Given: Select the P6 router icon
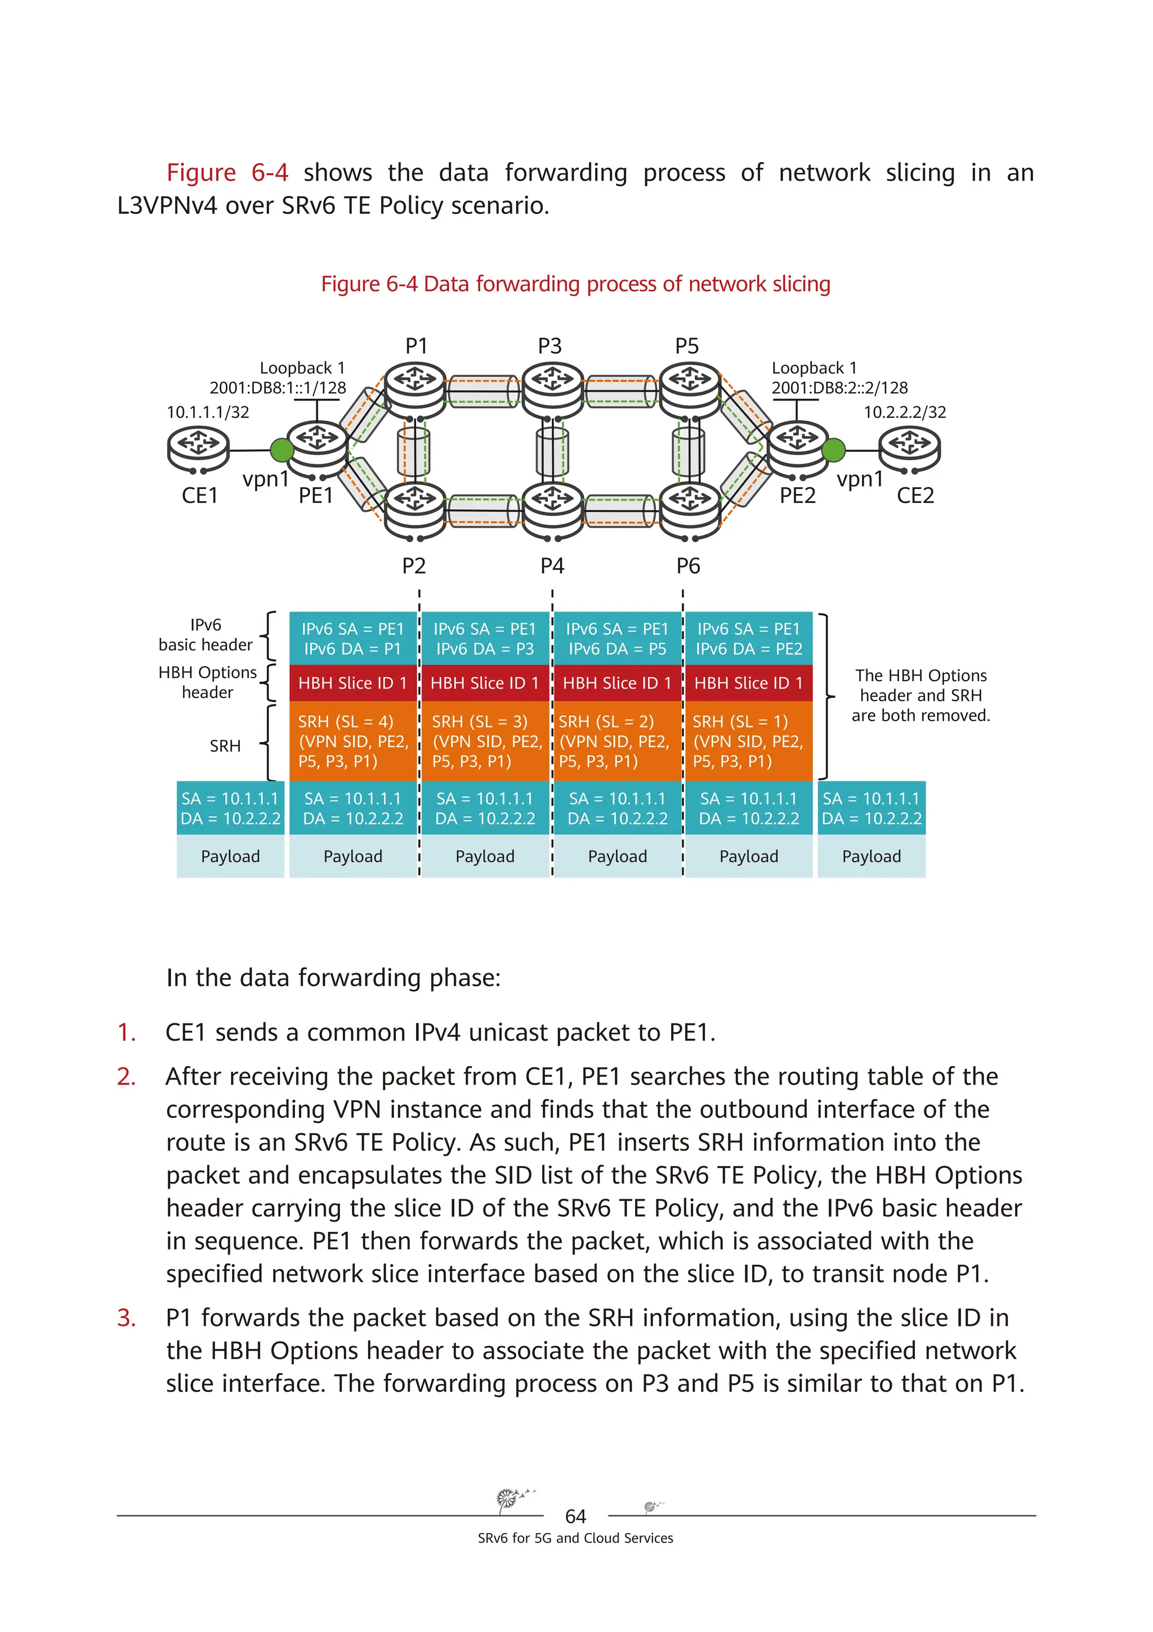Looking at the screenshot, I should click(689, 508).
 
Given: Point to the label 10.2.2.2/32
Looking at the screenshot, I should click(904, 412).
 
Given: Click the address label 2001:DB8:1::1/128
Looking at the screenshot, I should click(278, 388).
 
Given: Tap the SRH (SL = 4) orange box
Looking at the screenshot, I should click(353, 741).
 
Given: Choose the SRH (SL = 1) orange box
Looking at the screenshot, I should click(748, 741).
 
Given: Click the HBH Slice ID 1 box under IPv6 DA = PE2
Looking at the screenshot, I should click(748, 683).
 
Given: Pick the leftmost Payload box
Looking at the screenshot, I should click(230, 857).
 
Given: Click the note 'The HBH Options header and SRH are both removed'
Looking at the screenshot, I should click(920, 695).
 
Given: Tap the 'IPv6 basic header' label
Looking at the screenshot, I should click(205, 635).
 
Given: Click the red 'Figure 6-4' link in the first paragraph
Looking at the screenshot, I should click(227, 173).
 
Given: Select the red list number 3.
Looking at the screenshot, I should click(127, 1318).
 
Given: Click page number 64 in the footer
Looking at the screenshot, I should click(575, 1517).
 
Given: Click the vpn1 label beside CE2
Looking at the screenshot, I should click(859, 479).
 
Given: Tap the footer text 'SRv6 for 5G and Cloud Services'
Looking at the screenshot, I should click(575, 1538).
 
